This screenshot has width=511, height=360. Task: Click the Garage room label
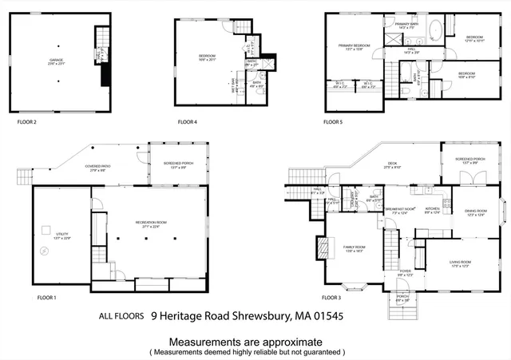tap(56, 60)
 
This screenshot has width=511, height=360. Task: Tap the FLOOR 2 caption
tap(29, 122)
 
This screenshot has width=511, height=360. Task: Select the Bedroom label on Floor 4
tap(208, 57)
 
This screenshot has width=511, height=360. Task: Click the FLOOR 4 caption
tap(189, 122)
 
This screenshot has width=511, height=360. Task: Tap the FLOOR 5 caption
tap(334, 122)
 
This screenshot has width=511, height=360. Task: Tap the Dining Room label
tap(475, 212)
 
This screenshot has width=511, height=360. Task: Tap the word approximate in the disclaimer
tap(297, 341)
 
